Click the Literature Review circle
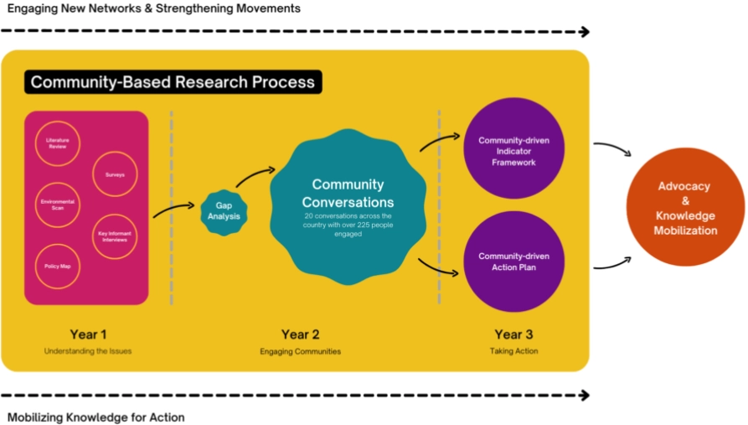(58, 143)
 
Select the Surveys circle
(115, 174)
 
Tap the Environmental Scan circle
(58, 205)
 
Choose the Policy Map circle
(58, 266)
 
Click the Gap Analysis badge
(224, 211)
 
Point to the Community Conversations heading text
(348, 193)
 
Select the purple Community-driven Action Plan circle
(513, 262)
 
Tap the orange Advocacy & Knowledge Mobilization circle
(686, 208)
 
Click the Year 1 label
(88, 334)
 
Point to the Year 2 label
(300, 334)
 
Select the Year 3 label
(513, 334)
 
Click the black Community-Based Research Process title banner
(173, 82)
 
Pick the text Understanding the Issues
(88, 351)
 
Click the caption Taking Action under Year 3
(513, 351)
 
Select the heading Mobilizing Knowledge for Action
(96, 417)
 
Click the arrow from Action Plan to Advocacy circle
(611, 263)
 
